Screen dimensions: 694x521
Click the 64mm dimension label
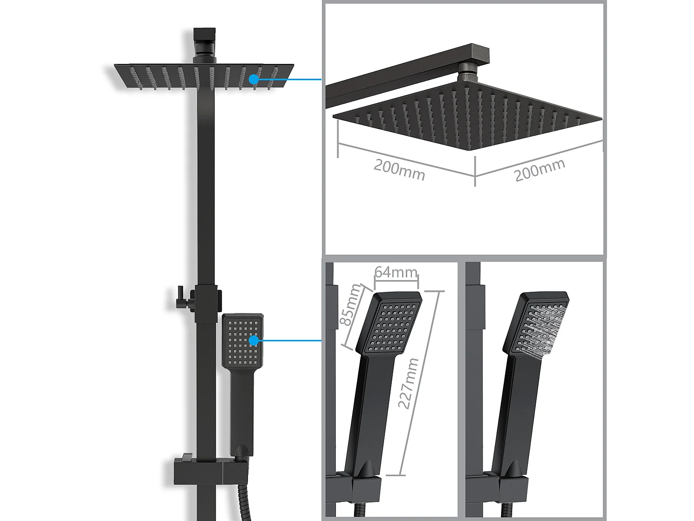point(396,272)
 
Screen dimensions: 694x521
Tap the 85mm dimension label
point(350,305)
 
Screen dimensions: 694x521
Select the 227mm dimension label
point(409,383)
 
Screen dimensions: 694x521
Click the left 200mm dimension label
point(399,170)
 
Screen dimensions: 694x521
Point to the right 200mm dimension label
point(539,170)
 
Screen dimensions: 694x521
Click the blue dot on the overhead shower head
point(254,79)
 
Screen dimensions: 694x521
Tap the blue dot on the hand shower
point(254,340)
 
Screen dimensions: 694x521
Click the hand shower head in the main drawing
point(242,341)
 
